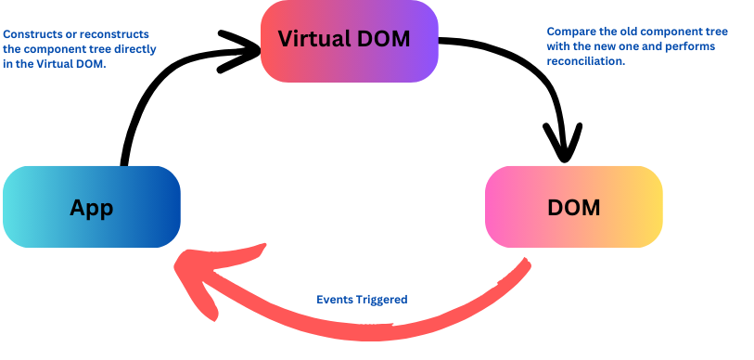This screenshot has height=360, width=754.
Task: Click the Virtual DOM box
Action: [x=349, y=40]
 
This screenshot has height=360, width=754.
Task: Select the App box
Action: [x=91, y=207]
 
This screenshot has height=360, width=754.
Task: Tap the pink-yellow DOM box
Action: [x=573, y=207]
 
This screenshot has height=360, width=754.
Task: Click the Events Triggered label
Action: [x=362, y=300]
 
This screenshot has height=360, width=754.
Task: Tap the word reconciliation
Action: [x=586, y=60]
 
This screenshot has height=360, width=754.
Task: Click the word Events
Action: [x=333, y=300]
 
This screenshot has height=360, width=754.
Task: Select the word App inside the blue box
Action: [x=91, y=207]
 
